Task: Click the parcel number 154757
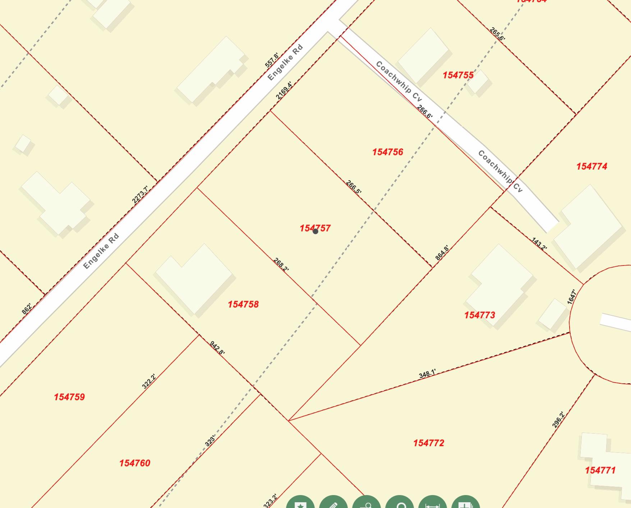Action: pyautogui.click(x=315, y=228)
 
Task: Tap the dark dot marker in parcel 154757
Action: pyautogui.click(x=315, y=232)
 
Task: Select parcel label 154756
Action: pyautogui.click(x=387, y=152)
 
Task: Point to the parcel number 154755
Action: pyautogui.click(x=458, y=75)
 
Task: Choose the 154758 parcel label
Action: pyautogui.click(x=243, y=304)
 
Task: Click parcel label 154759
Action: pyautogui.click(x=69, y=397)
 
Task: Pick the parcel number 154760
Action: pyautogui.click(x=135, y=463)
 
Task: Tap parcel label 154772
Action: pyautogui.click(x=429, y=443)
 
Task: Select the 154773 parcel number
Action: pyautogui.click(x=479, y=315)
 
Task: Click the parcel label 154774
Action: pyautogui.click(x=591, y=166)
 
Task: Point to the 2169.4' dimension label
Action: pyautogui.click(x=284, y=91)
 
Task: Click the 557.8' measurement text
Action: pyautogui.click(x=272, y=60)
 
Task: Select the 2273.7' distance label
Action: pyautogui.click(x=140, y=194)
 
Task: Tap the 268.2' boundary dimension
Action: pyautogui.click(x=281, y=264)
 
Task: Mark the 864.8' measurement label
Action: pyautogui.click(x=442, y=253)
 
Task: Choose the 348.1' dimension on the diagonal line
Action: pyautogui.click(x=427, y=374)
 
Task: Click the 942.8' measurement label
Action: pyautogui.click(x=217, y=348)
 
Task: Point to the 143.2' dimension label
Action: pyautogui.click(x=539, y=244)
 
